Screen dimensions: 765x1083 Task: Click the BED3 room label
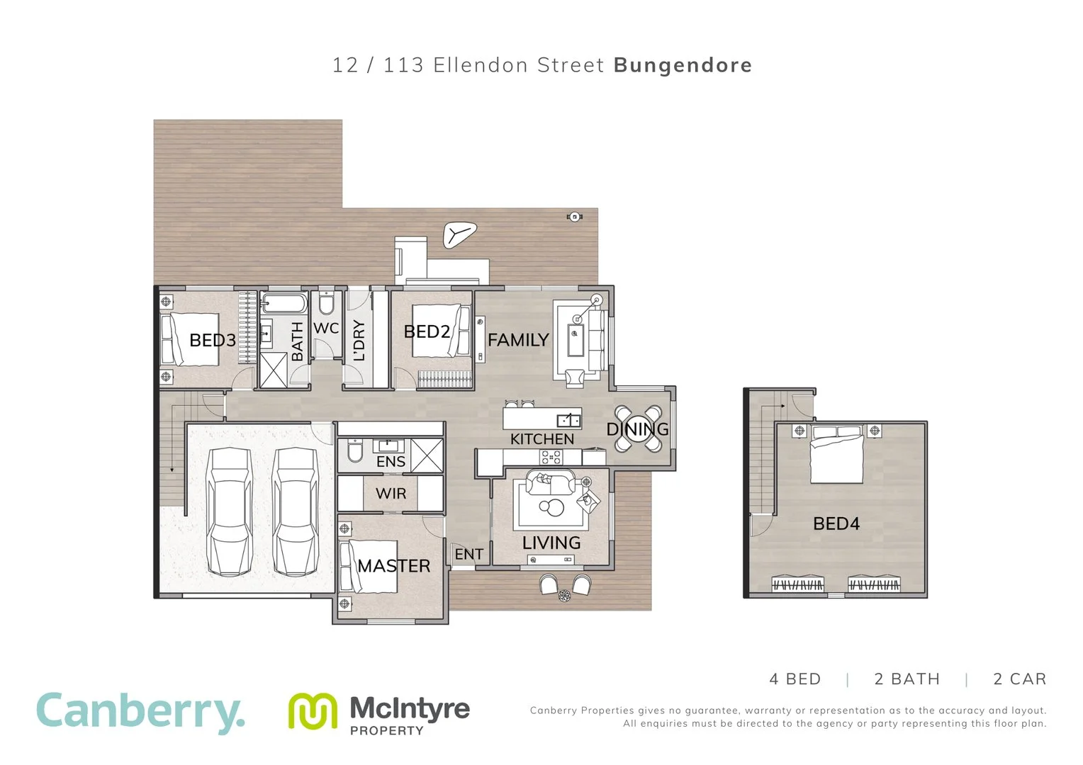[x=212, y=341]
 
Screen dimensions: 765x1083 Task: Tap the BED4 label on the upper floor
[x=836, y=524]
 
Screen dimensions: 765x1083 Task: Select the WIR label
[x=391, y=494]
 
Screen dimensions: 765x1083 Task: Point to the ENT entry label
[x=469, y=555]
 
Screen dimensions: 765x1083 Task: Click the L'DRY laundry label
[x=359, y=340]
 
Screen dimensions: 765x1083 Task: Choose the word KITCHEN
[x=542, y=439]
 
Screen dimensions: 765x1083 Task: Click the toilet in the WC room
[x=326, y=304]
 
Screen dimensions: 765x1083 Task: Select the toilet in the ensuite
[x=355, y=451]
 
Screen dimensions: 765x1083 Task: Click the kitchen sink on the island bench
[x=568, y=419]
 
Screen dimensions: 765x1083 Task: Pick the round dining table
[x=637, y=429]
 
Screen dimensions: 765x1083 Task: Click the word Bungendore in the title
[x=683, y=65]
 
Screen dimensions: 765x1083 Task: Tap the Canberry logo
[x=140, y=712]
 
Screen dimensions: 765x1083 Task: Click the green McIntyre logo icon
[x=313, y=710]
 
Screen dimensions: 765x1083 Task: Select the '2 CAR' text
[x=1019, y=679]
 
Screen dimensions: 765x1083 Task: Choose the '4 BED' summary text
[x=795, y=679]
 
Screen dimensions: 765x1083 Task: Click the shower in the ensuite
[x=427, y=455]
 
